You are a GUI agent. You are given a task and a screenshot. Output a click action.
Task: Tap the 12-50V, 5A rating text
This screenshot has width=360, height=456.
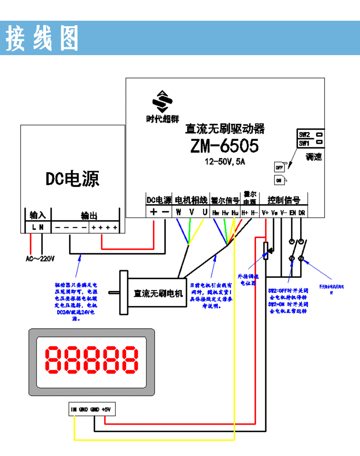(x=224, y=161)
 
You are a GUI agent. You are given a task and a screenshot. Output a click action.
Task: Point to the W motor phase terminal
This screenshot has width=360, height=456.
(x=178, y=212)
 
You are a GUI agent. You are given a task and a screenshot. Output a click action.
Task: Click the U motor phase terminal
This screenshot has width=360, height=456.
(x=204, y=212)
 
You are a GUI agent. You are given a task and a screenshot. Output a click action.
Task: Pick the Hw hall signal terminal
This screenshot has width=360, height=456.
(x=216, y=212)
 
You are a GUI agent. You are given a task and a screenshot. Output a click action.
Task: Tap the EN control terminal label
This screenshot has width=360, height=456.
(x=292, y=212)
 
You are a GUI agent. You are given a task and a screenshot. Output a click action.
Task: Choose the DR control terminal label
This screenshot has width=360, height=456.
(x=301, y=212)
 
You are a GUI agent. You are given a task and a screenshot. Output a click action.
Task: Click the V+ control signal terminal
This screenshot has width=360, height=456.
(x=265, y=212)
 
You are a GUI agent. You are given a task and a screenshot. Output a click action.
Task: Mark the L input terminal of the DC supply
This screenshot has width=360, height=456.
(x=33, y=227)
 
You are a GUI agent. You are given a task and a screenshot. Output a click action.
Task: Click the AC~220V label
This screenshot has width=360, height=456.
(x=40, y=258)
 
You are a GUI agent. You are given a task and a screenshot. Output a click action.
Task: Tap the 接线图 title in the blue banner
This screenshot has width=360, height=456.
(x=42, y=38)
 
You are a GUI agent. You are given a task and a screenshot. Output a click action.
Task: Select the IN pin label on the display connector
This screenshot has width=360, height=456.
(x=74, y=409)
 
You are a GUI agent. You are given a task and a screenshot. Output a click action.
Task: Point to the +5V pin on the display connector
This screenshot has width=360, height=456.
(x=107, y=409)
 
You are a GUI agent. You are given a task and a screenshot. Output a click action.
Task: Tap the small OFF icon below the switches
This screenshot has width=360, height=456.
(x=279, y=168)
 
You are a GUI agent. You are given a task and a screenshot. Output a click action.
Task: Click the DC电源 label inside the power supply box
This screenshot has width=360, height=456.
(x=73, y=179)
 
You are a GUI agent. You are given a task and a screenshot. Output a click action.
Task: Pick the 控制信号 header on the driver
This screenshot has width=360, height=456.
(x=284, y=200)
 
